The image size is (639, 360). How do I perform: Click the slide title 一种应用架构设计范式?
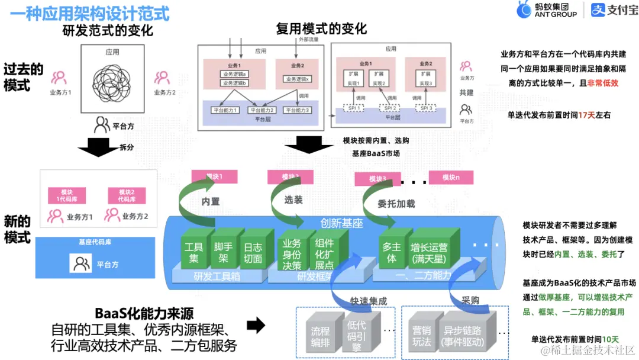(89, 12)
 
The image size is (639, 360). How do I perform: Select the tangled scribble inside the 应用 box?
(112, 82)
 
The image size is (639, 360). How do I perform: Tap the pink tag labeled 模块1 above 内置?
(214, 176)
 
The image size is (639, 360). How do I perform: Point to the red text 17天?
(586, 115)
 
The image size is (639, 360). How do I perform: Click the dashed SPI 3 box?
(428, 108)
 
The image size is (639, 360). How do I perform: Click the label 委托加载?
(396, 204)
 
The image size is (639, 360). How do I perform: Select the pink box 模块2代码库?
(127, 195)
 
